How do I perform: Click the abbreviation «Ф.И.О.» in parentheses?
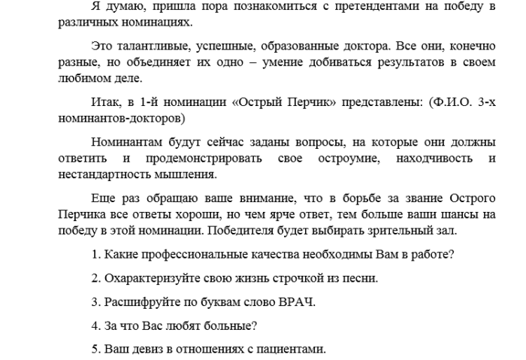point(450,101)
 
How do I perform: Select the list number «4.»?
point(96,326)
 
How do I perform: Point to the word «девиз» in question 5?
point(145,349)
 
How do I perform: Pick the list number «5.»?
point(96,349)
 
